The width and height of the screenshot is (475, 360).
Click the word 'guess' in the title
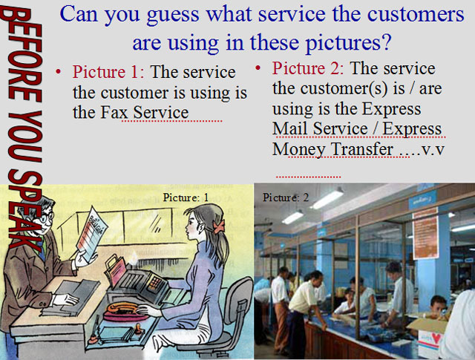[x=174, y=14]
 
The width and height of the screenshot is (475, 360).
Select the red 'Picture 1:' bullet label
[x=108, y=73]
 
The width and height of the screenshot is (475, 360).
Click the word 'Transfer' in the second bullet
[x=360, y=149]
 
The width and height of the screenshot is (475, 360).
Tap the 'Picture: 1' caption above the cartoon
[x=186, y=197]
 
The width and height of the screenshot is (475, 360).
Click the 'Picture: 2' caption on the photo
[x=285, y=197]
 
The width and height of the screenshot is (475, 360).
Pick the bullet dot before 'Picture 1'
[x=59, y=73]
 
